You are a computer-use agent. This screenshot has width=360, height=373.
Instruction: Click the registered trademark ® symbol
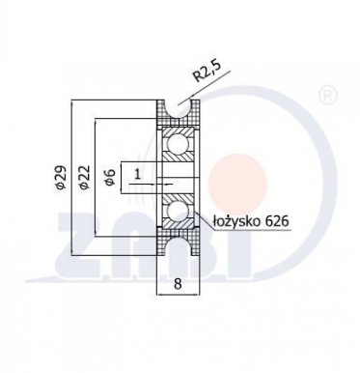click(327, 95)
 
